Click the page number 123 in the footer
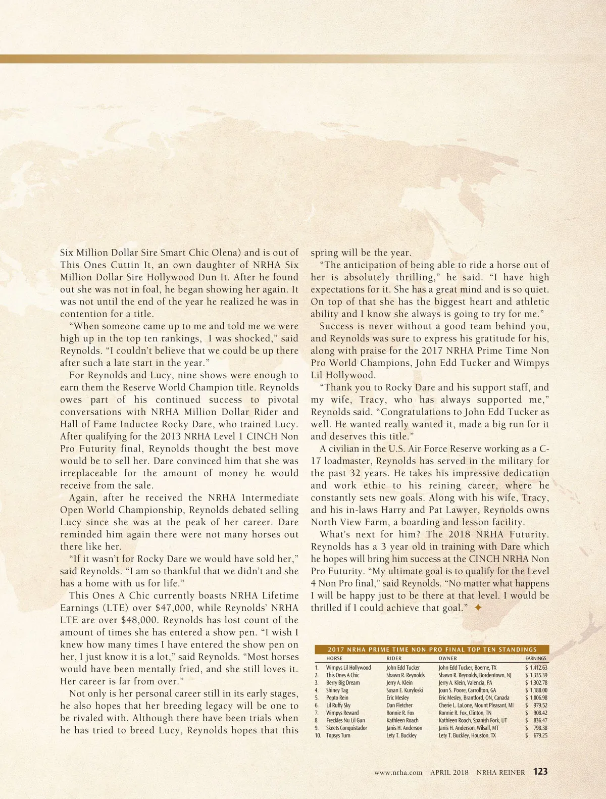[540, 771]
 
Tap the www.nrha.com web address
[398, 772]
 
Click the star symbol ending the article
[478, 608]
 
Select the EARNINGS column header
[535, 659]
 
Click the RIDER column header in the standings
[394, 659]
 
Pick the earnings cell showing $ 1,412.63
[536, 668]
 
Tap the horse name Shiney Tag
[337, 690]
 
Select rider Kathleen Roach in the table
[402, 720]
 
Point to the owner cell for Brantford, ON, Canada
[474, 697]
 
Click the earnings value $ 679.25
[536, 735]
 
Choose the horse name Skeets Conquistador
[346, 728]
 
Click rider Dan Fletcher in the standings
[399, 705]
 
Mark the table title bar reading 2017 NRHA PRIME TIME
[432, 650]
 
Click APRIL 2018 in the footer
[449, 772]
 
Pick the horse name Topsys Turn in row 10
[338, 735]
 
